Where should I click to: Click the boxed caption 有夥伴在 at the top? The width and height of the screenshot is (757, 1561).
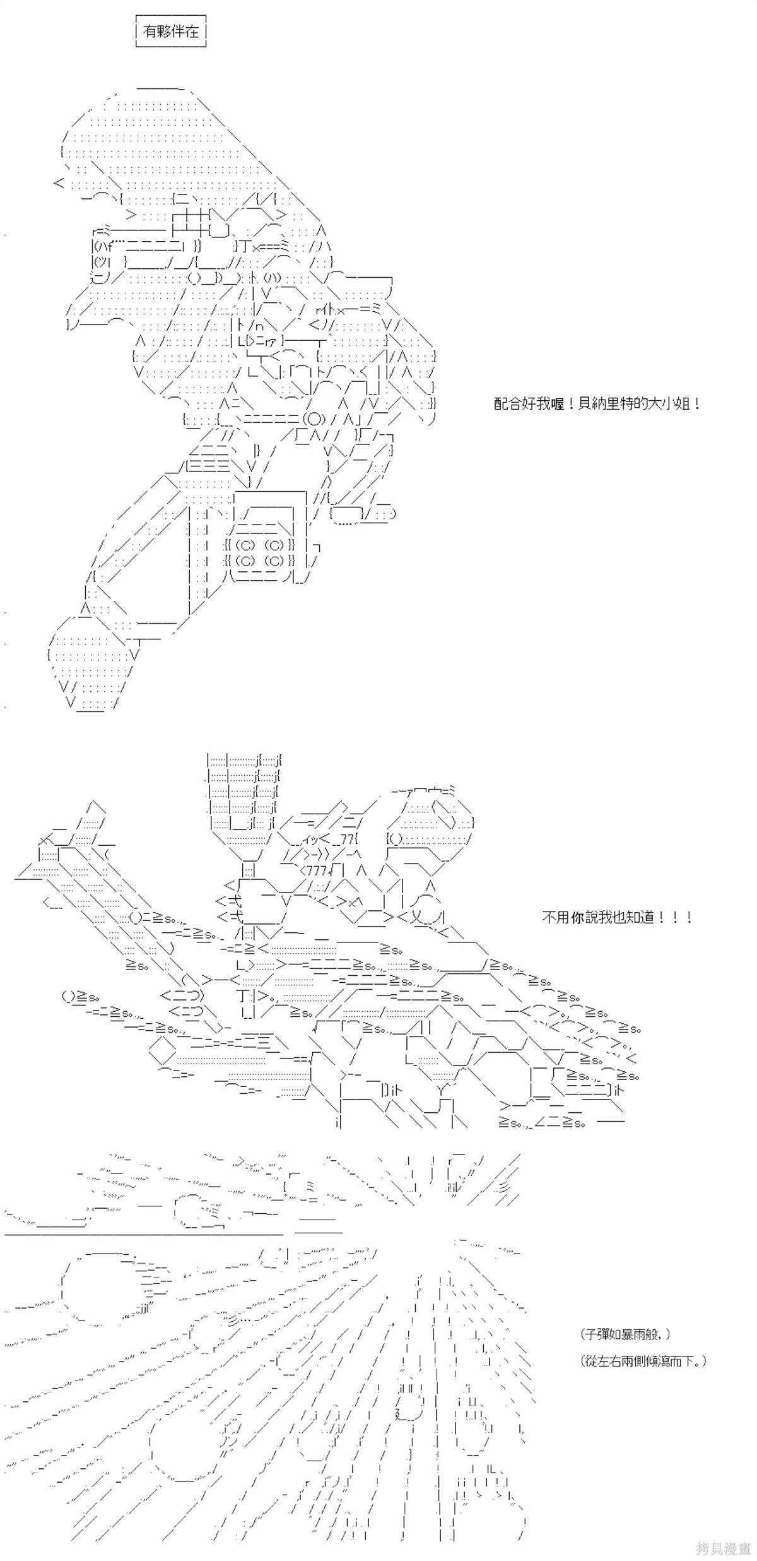point(171,32)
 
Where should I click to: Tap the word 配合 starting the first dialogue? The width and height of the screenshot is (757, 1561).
point(505,404)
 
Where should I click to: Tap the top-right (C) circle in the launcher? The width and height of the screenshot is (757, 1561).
point(275,545)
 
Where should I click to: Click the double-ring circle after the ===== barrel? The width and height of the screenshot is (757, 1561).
point(313,418)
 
